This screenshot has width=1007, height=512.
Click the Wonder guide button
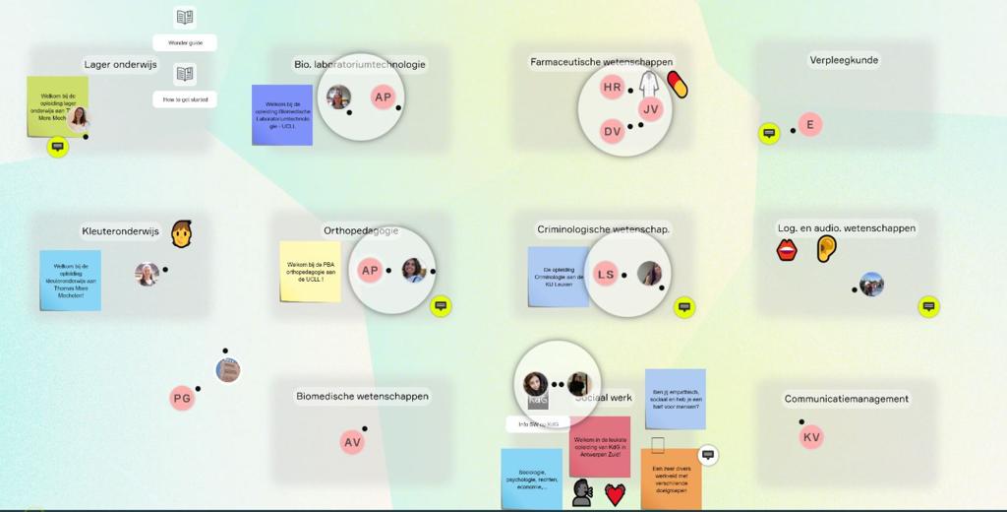(185, 42)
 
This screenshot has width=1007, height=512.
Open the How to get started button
(185, 99)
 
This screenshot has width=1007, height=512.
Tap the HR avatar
(613, 88)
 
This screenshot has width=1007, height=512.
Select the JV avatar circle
(650, 109)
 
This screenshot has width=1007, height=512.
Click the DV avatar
(613, 131)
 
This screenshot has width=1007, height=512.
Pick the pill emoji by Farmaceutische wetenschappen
(677, 85)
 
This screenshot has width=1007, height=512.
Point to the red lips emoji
(787, 251)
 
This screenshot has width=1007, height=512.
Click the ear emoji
(826, 248)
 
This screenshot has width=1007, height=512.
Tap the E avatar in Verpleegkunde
(810, 125)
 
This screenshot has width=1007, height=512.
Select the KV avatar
(811, 437)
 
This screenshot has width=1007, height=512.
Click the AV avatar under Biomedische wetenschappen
(353, 443)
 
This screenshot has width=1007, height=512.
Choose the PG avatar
(182, 398)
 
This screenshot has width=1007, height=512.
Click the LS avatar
(606, 275)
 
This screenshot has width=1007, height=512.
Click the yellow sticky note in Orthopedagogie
(310, 271)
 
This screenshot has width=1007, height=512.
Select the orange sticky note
(672, 480)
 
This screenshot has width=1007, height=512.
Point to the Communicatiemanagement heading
(846, 399)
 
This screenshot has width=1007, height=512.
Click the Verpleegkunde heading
(844, 60)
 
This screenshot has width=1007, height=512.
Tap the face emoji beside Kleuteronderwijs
(181, 233)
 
